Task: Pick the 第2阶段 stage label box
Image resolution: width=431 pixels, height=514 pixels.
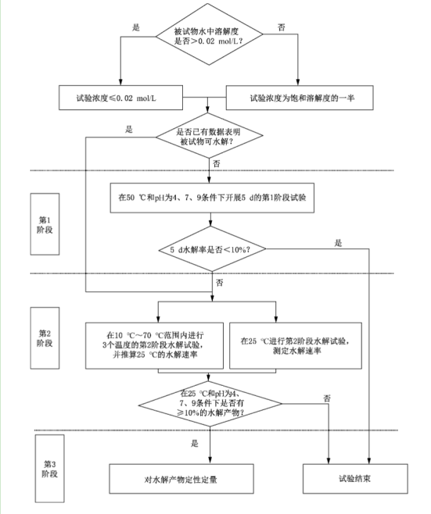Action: pos(46,337)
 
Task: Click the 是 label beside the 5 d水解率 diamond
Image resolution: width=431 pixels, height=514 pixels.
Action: pos(338,243)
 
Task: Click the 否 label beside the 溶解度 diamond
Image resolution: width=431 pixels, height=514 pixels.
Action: pos(282,27)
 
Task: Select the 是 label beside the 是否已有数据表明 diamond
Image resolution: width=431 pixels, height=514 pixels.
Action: pos(130,130)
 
